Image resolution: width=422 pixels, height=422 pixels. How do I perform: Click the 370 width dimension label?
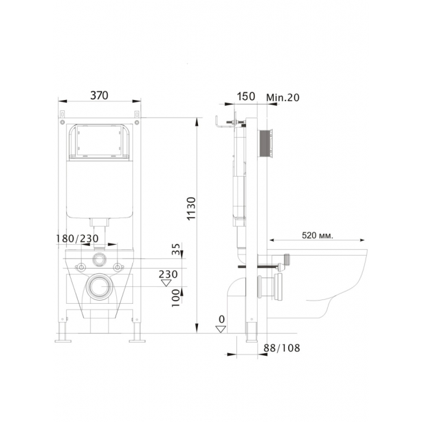click(x=99, y=95)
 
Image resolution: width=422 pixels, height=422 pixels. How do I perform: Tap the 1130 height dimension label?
click(x=192, y=208)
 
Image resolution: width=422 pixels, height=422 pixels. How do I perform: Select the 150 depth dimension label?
click(x=246, y=96)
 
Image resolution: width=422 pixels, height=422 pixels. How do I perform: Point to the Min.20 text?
click(x=282, y=97)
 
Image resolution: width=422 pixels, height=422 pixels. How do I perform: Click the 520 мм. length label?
click(x=317, y=236)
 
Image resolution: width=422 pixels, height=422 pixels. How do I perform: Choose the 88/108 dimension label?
click(x=282, y=348)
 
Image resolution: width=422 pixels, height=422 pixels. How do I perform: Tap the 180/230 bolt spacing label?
click(x=77, y=238)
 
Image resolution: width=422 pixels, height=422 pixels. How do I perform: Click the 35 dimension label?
click(x=176, y=249)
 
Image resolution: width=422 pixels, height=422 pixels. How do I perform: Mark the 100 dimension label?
click(x=175, y=298)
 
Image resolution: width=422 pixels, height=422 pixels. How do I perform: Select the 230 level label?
click(x=168, y=274)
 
